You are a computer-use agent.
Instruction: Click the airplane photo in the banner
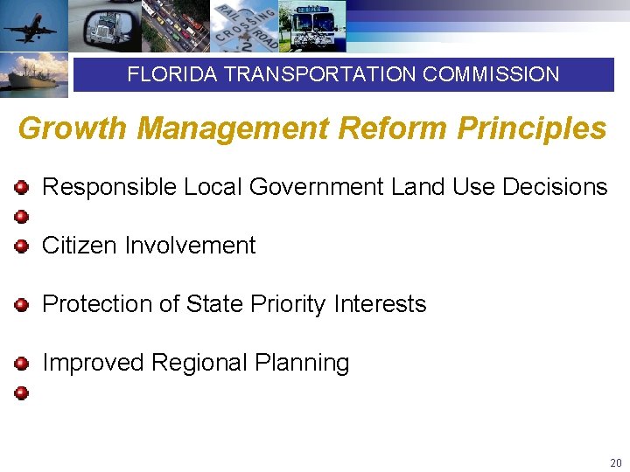pyautogui.click(x=33, y=26)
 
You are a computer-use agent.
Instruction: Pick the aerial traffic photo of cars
pyautogui.click(x=172, y=26)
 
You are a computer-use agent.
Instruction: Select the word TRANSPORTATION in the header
pyautogui.click(x=320, y=75)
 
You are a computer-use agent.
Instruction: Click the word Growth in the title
pyautogui.click(x=73, y=129)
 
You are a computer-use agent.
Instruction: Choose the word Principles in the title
pyautogui.click(x=532, y=129)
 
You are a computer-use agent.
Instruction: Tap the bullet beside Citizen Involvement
pyautogui.click(x=22, y=246)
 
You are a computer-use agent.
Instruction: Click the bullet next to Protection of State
pyautogui.click(x=22, y=305)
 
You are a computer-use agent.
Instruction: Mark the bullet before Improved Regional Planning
pyautogui.click(x=22, y=364)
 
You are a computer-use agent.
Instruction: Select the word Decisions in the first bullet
pyautogui.click(x=555, y=187)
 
